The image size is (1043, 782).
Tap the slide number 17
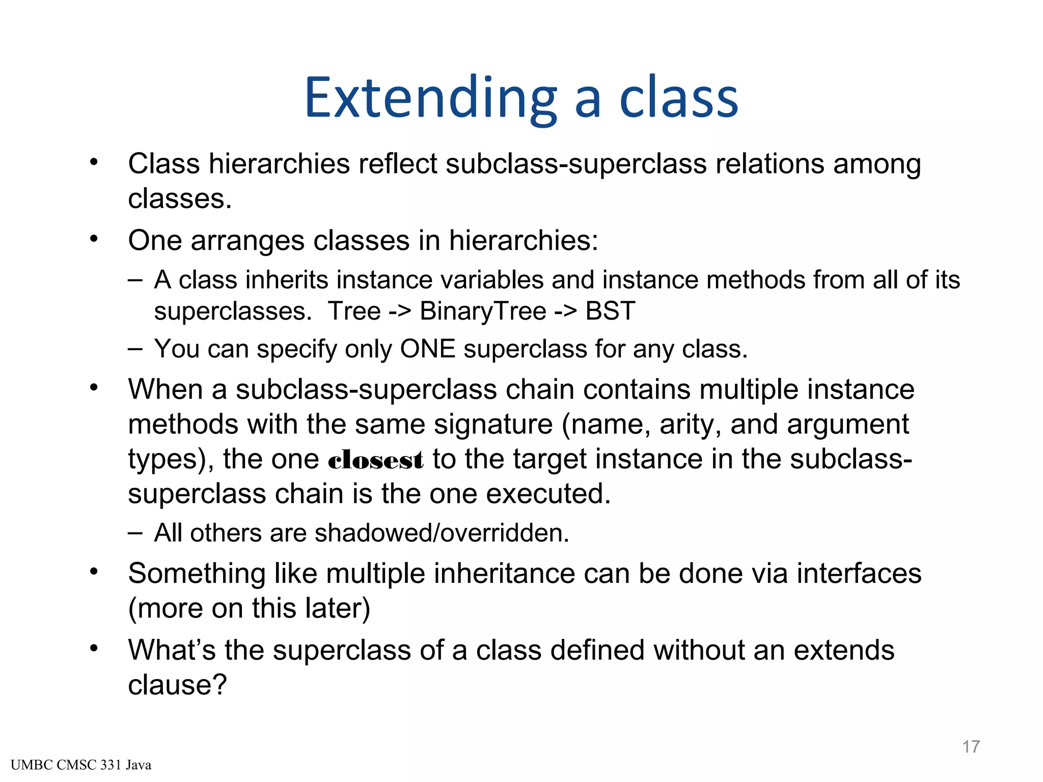pyautogui.click(x=971, y=746)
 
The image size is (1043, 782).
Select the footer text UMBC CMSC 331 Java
pyautogui.click(x=81, y=765)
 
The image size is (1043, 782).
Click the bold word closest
pyautogui.click(x=376, y=460)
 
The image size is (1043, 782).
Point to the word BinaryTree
pyautogui.click(x=482, y=311)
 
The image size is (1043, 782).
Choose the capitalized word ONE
pyautogui.click(x=428, y=349)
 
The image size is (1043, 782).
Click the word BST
pyautogui.click(x=610, y=311)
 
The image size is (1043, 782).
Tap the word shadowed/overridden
pyautogui.click(x=442, y=533)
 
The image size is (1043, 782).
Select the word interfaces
pyautogui.click(x=859, y=573)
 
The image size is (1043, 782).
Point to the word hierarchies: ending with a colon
pyautogui.click(x=524, y=240)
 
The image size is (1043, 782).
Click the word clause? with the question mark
pyautogui.click(x=177, y=685)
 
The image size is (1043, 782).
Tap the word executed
pyautogui.click(x=548, y=494)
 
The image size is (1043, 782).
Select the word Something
pyautogui.click(x=197, y=574)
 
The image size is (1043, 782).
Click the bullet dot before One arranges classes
pyautogui.click(x=93, y=239)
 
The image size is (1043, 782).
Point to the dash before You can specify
pyautogui.click(x=135, y=349)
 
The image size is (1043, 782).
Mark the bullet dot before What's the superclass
pyautogui.click(x=93, y=649)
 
